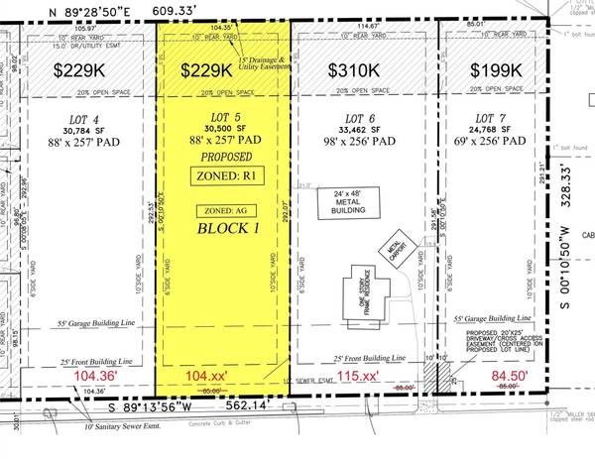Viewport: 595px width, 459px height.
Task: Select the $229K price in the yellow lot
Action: point(213,71)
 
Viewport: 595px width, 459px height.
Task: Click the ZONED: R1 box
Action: point(221,176)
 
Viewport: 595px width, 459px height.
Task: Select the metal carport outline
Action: point(394,245)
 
